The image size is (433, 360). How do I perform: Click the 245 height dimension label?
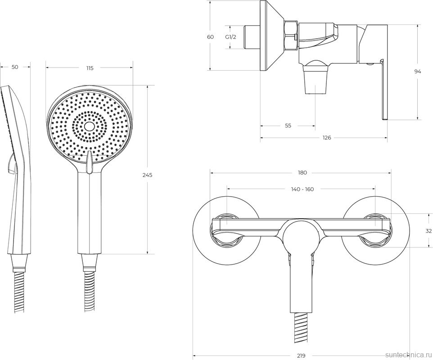[x=148, y=175]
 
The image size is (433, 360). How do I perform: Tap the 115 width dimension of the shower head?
[x=90, y=68]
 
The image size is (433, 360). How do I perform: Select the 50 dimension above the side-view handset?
[x=15, y=67]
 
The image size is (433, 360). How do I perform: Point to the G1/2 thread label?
[x=230, y=37]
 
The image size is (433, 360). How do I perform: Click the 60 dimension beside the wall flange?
[x=211, y=37]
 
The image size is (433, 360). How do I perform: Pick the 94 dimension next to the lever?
[x=418, y=72]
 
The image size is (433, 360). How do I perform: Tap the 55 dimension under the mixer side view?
[x=288, y=126]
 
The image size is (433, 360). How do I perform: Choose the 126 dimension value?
[x=327, y=138]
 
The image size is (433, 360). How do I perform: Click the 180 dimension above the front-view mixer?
[x=302, y=173]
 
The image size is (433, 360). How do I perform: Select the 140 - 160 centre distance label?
[x=302, y=189]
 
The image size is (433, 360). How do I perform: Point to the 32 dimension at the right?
[x=428, y=231]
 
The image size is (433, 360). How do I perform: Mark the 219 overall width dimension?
[x=301, y=356]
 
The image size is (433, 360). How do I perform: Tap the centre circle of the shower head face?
[x=89, y=127]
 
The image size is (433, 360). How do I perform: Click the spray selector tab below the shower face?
[x=89, y=163]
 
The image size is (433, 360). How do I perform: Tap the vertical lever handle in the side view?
[x=384, y=90]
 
